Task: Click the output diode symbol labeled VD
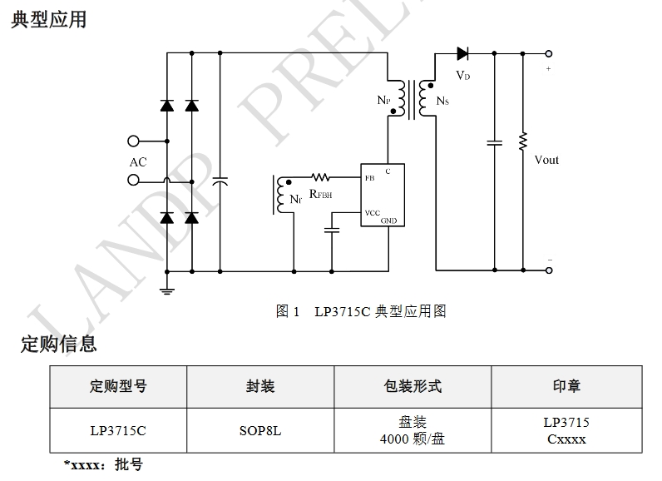pos(463,54)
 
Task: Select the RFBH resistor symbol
pos(320,177)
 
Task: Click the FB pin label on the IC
pos(369,178)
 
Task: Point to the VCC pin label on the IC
pos(372,213)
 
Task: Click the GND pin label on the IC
pos(389,221)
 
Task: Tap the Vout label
pos(546,160)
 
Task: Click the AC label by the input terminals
pos(138,162)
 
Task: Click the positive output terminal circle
pos(549,54)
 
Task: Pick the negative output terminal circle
pos(549,270)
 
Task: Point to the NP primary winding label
pos(383,101)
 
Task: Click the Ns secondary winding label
pos(442,102)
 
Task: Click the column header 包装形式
pos(413,386)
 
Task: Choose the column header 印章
pos(566,386)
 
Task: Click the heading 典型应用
pos(49,19)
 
